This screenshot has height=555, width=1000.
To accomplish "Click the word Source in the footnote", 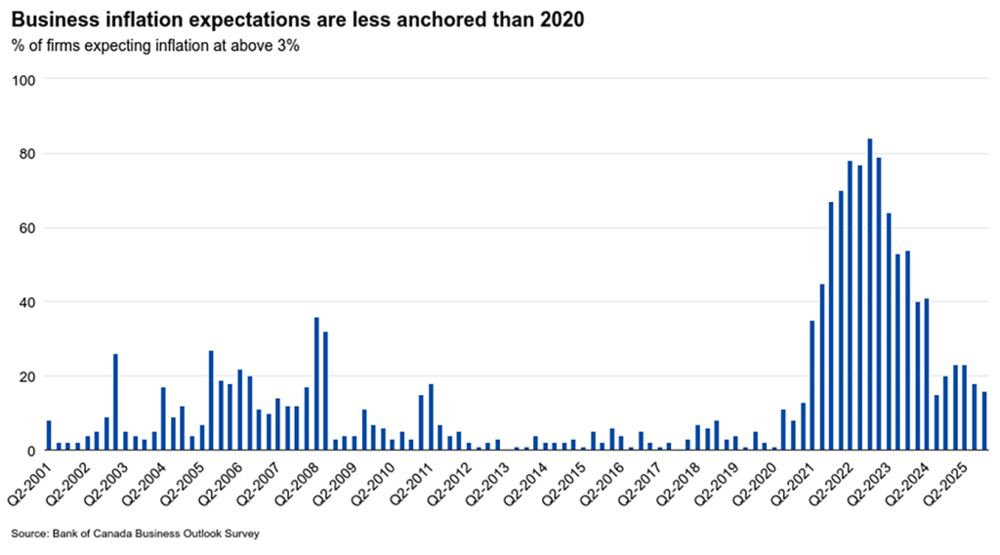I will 30,534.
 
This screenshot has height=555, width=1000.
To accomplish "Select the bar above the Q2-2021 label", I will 812,385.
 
